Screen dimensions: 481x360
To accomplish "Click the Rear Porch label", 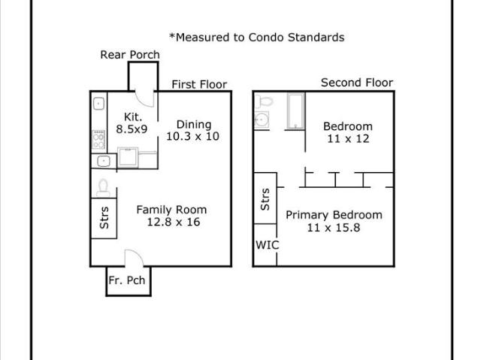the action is (130, 55).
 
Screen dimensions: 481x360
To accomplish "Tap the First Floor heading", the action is (199, 84).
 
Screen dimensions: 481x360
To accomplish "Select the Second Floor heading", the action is (357, 83).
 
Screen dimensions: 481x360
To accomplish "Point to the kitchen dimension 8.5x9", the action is (132, 129).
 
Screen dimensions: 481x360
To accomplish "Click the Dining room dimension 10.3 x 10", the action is (192, 136).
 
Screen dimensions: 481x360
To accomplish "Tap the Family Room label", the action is (171, 210).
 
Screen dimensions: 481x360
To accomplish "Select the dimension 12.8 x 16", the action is (174, 222).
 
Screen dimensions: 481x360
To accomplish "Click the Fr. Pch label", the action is (127, 280).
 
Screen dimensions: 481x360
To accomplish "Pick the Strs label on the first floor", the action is (104, 218).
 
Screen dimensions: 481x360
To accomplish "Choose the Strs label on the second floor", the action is (265, 199).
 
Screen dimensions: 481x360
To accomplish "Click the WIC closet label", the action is (268, 245).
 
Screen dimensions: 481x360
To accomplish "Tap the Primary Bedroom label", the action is (334, 215).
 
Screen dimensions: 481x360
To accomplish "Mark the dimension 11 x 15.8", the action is (334, 228).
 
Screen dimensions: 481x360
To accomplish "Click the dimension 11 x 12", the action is (348, 139).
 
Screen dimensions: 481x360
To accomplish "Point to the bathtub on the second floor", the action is (295, 110).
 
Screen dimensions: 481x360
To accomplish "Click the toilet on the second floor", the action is (264, 101).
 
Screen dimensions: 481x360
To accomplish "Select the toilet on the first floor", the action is (103, 188).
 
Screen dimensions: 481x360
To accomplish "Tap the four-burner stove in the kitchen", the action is (98, 140).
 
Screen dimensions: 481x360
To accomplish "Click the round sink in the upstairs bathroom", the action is (262, 119).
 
